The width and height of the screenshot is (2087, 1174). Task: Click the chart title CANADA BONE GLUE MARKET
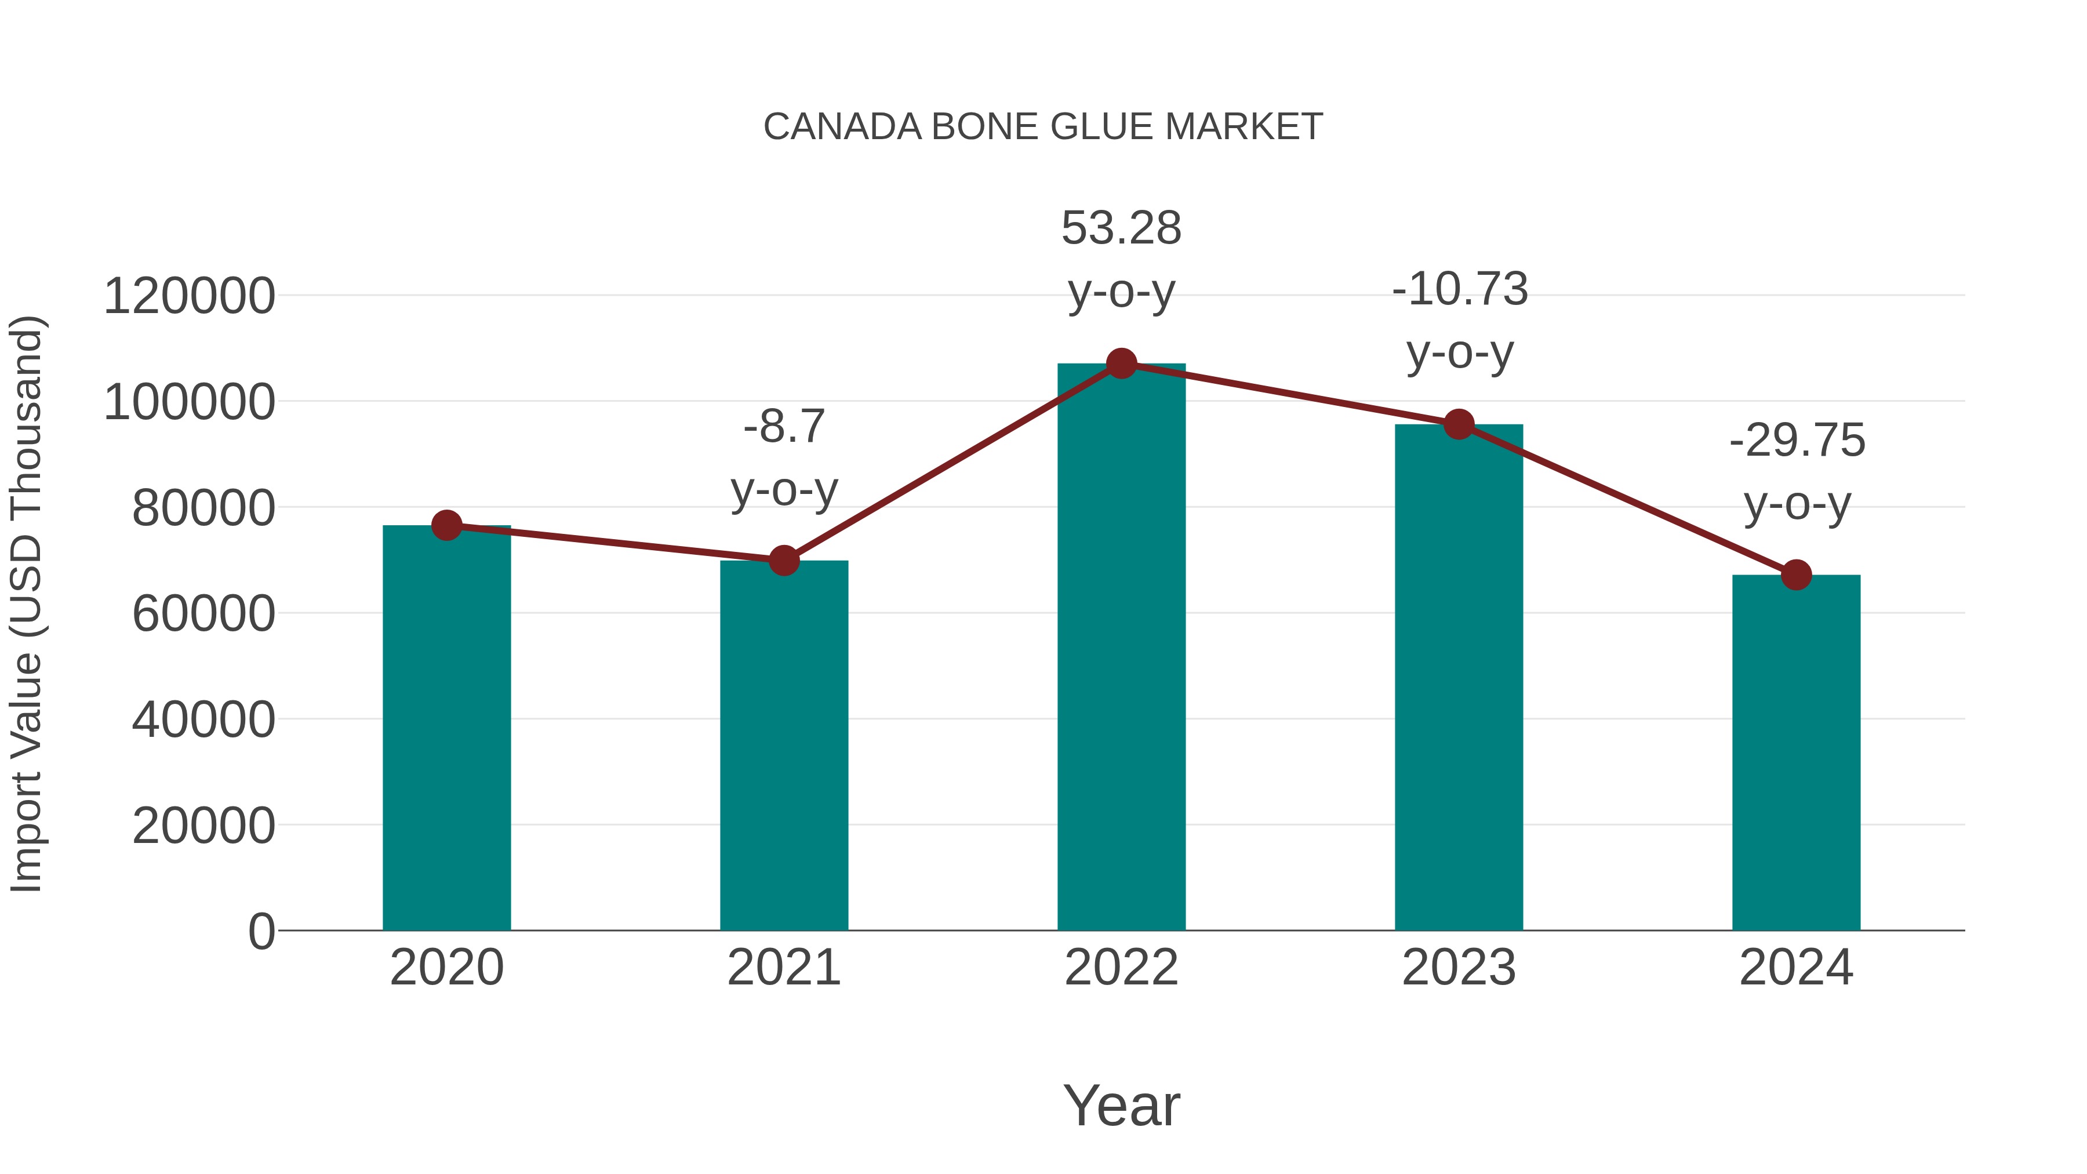(1043, 127)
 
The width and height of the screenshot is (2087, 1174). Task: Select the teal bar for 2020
(446, 729)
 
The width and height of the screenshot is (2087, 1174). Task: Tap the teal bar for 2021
(783, 746)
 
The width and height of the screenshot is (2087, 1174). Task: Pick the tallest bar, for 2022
(1121, 648)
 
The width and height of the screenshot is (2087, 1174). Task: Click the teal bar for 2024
(1796, 754)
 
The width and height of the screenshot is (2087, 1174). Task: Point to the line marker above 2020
(446, 526)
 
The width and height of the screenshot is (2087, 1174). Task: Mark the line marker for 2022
(1121, 364)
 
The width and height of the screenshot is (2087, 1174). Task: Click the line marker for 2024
(1796, 575)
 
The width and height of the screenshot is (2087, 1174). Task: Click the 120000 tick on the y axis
(189, 296)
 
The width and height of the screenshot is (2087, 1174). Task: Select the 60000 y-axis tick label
(203, 613)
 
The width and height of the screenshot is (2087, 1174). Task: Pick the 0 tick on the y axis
(261, 931)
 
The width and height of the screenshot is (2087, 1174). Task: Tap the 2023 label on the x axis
(1459, 968)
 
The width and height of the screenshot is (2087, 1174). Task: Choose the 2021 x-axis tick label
(783, 968)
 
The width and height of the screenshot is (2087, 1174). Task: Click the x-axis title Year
(1121, 1105)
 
